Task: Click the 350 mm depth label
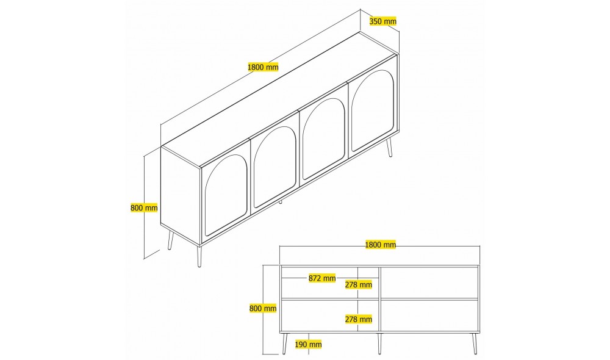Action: [x=383, y=21]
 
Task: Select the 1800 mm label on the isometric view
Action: [x=264, y=67]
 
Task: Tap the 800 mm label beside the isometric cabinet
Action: [x=144, y=208]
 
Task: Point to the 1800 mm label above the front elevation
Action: [x=381, y=245]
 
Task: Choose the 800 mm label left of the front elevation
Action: [x=263, y=308]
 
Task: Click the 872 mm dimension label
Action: [x=322, y=278]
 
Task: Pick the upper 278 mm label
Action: [x=359, y=284]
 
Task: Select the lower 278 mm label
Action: [x=359, y=319]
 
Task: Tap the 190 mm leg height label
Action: [x=308, y=344]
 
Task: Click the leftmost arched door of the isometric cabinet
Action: [x=226, y=194]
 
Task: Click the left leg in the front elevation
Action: [x=285, y=344]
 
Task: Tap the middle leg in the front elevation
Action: [x=379, y=344]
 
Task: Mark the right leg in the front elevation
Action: [x=474, y=344]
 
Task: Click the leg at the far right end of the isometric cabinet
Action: [x=389, y=147]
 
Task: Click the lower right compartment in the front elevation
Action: [x=429, y=315]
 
